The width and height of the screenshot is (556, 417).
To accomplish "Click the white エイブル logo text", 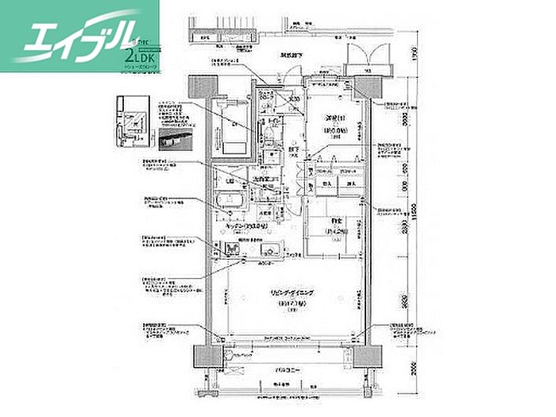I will click(71, 36).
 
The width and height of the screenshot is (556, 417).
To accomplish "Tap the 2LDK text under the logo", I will click(141, 58).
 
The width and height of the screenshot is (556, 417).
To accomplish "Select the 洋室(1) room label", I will click(332, 118).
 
